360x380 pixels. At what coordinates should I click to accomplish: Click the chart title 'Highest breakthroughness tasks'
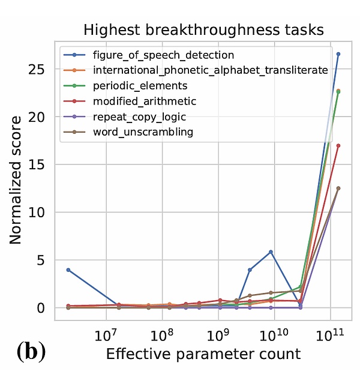tap(203, 30)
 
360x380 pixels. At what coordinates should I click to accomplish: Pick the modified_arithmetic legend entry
tap(144, 101)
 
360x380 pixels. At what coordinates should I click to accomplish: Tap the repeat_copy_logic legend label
tap(139, 116)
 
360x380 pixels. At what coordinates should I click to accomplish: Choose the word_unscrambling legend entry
tap(143, 131)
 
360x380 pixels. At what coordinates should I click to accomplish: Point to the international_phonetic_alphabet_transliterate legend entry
tap(210, 70)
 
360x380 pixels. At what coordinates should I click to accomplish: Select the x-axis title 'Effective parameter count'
tap(203, 354)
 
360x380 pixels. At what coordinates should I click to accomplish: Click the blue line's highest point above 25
tap(338, 54)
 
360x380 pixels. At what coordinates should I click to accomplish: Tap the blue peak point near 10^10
tap(271, 252)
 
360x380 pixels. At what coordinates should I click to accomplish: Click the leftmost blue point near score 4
tap(68, 270)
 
